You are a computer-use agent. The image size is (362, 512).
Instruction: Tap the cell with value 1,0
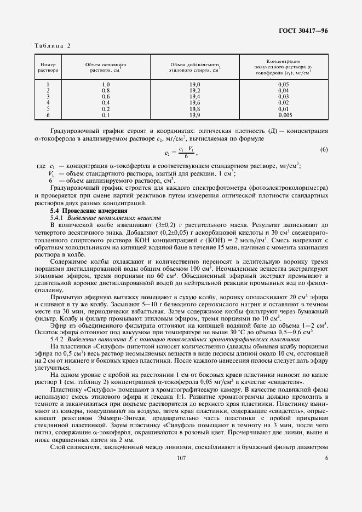(106, 84)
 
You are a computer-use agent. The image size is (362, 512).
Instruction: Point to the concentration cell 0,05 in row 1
(283, 84)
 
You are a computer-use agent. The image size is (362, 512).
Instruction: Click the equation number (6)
(324, 149)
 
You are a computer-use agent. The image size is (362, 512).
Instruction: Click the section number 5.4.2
(58, 339)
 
